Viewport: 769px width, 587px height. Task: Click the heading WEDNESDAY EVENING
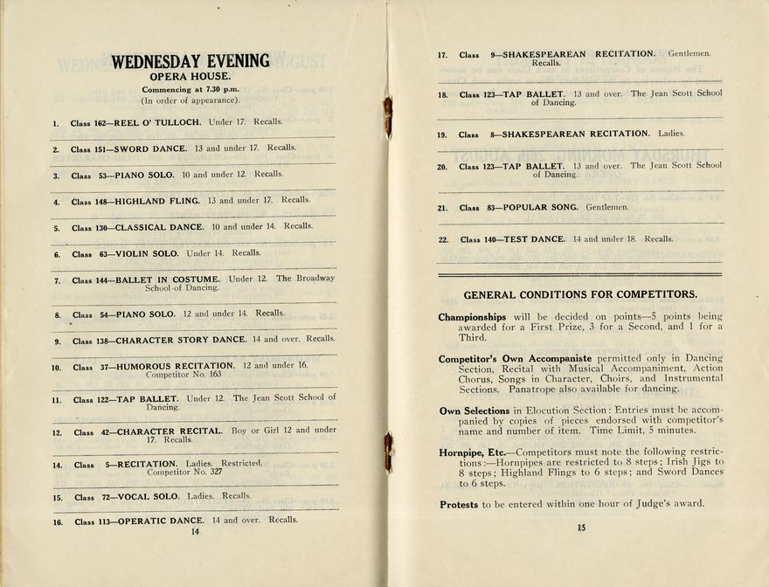click(x=190, y=62)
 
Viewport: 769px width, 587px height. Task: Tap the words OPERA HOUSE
click(x=190, y=77)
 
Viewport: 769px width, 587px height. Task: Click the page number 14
click(x=195, y=531)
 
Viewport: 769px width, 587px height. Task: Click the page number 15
click(x=581, y=527)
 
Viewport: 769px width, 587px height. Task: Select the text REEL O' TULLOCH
click(x=157, y=123)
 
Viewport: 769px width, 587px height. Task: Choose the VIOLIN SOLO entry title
click(x=148, y=254)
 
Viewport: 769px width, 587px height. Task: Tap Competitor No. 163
click(x=184, y=375)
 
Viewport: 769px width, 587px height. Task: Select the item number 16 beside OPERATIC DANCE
click(x=57, y=522)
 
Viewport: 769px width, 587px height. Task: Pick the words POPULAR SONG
click(x=540, y=208)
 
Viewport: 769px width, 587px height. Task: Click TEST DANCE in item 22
click(x=534, y=239)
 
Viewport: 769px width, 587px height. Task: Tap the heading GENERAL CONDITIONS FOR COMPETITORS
click(x=580, y=295)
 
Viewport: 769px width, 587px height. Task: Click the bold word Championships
click(x=472, y=317)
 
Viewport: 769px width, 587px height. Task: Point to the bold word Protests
click(x=459, y=505)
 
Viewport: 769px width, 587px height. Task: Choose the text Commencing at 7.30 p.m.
click(x=190, y=90)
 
